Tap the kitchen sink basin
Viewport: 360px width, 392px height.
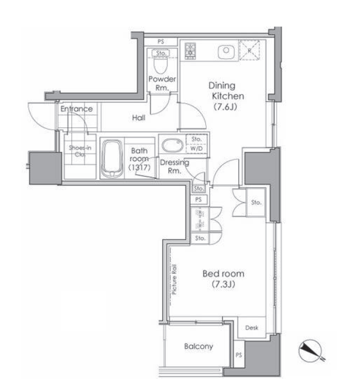click(226, 52)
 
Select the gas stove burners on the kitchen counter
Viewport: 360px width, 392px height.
click(190, 51)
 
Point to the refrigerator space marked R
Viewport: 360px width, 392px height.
click(250, 50)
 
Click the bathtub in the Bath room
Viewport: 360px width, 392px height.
click(112, 159)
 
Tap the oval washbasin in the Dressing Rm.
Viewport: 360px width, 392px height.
click(172, 145)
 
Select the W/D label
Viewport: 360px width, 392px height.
click(196, 149)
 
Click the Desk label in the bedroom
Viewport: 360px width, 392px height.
click(252, 327)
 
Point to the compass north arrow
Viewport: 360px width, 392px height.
click(311, 350)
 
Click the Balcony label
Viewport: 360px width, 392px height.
click(199, 346)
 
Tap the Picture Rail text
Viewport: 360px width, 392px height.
click(174, 279)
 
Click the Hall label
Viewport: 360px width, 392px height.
click(138, 117)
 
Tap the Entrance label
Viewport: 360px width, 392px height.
click(77, 109)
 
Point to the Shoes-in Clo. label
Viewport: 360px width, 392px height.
click(80, 151)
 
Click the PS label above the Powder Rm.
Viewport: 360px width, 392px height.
click(161, 41)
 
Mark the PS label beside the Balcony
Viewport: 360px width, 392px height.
click(239, 355)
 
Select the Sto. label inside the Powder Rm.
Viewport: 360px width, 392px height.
click(161, 53)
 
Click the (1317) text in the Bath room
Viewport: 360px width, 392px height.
click(139, 167)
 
